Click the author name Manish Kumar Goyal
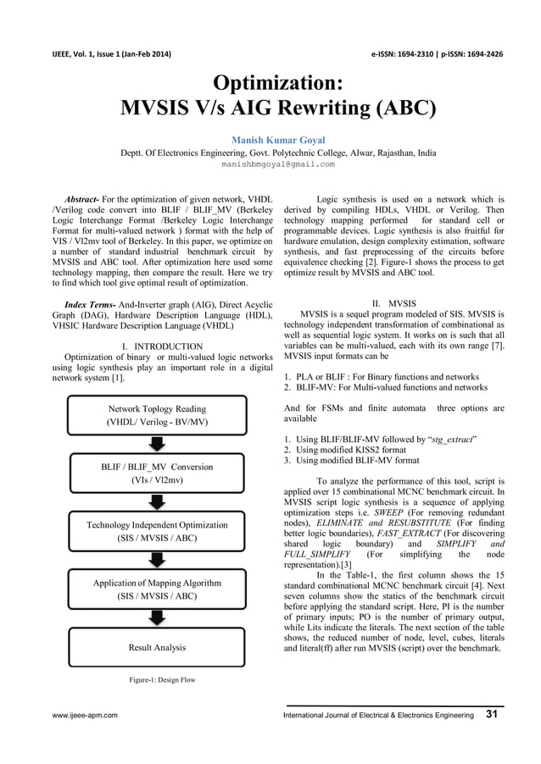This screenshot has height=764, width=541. [x=270, y=138]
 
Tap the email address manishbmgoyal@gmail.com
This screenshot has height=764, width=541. [x=270, y=163]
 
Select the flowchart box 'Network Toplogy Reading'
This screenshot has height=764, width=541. [x=155, y=415]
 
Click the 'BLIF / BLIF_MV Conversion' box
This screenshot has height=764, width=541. [x=155, y=473]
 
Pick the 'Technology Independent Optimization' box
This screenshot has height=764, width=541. [x=157, y=531]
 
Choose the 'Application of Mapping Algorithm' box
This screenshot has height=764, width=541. [x=157, y=590]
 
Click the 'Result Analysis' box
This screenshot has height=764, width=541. [x=157, y=647]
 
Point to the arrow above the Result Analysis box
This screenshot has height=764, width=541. [x=157, y=618]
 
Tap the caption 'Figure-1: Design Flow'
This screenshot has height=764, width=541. [x=157, y=680]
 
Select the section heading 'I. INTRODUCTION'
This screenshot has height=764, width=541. [x=163, y=346]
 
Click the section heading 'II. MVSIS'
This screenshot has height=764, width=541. [x=394, y=302]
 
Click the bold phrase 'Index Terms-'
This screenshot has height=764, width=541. [x=92, y=302]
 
